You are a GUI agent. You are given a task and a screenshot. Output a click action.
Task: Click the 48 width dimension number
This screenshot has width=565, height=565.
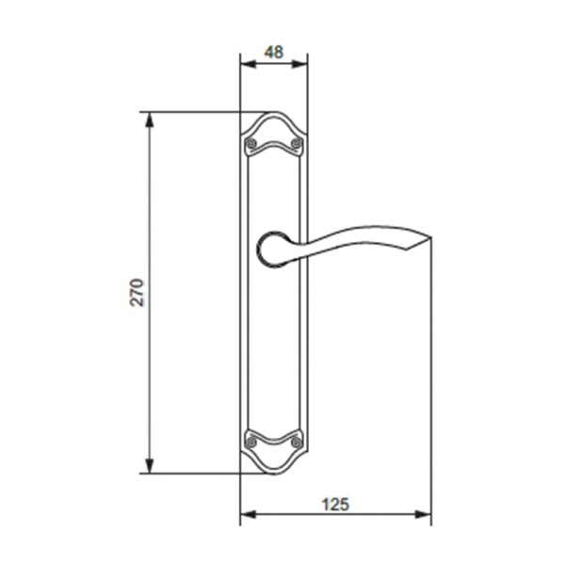click(x=274, y=52)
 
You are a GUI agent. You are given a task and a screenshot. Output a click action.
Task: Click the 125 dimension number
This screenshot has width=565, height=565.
click(x=335, y=505)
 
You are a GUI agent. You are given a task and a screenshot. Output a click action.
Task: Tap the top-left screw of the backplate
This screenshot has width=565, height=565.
click(x=250, y=144)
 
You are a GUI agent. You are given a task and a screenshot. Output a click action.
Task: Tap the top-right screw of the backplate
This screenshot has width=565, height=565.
click(x=297, y=143)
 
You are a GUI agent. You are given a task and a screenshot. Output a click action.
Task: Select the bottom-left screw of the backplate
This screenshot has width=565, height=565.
click(x=251, y=442)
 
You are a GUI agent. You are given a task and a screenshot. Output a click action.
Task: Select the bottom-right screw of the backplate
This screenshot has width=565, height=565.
click(x=297, y=442)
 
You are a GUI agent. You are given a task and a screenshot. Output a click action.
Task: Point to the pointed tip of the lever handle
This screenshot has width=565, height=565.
click(x=430, y=237)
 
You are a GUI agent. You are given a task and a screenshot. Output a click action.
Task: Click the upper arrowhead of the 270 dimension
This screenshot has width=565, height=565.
click(x=150, y=120)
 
